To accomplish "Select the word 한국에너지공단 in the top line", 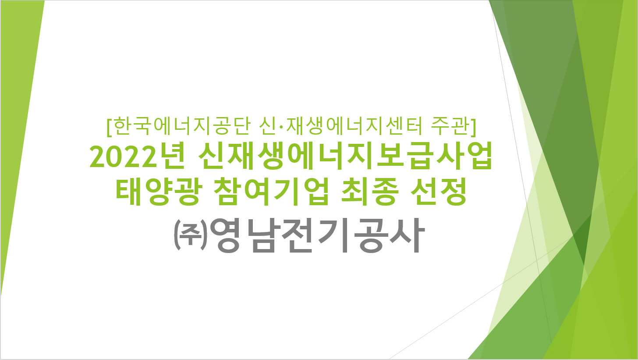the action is [x=182, y=126].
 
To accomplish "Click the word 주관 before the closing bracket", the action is [x=450, y=126].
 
